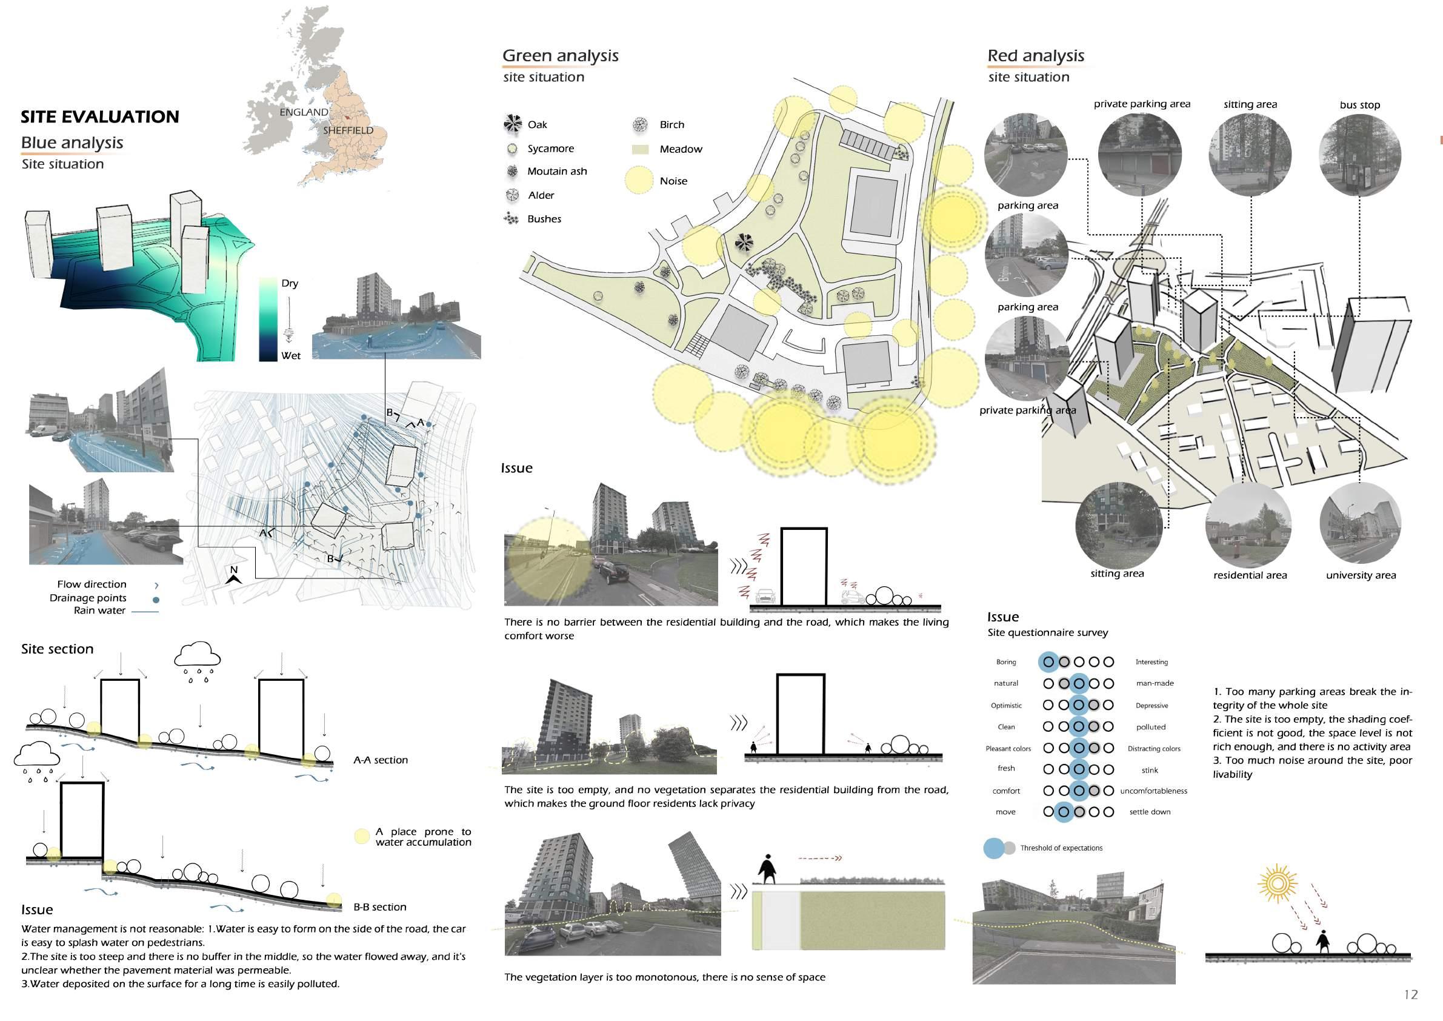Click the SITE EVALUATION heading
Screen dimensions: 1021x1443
pos(100,117)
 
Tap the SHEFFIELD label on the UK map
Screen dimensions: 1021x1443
pos(348,131)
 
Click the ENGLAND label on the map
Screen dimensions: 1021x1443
pos(304,113)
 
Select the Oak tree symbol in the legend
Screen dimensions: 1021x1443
pos(513,124)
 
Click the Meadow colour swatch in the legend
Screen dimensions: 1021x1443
pos(640,150)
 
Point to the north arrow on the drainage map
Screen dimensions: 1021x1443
pos(234,575)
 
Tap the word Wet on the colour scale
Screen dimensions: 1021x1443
pos(290,356)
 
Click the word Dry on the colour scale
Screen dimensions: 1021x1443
pos(290,284)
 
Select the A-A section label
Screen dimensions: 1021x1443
pos(380,760)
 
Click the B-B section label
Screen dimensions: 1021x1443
pos(379,907)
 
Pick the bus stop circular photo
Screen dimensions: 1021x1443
pos(1359,155)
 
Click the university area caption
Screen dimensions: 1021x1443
pos(1361,575)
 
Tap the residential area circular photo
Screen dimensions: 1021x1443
pos(1249,526)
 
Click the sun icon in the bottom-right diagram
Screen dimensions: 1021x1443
pos(1277,884)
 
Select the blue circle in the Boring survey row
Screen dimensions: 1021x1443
pos(1048,662)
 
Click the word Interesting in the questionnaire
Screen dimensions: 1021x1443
pos(1151,662)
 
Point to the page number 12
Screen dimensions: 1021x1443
pos(1411,994)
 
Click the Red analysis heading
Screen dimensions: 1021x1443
pos(1036,56)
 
